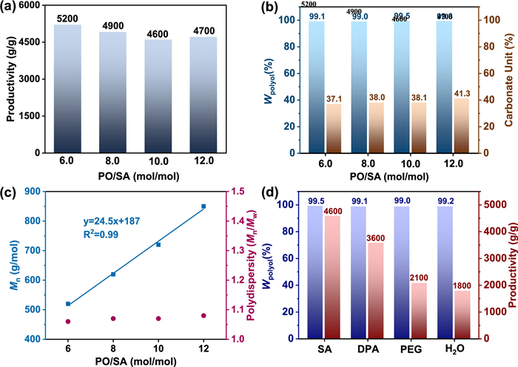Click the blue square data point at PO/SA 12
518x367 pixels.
[x=203, y=207]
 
